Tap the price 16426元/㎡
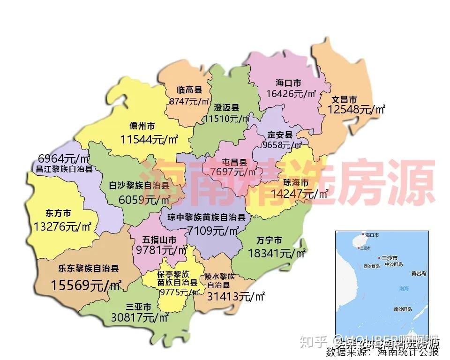[291, 94]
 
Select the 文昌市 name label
[345, 100]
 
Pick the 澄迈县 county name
[227, 108]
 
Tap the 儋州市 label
[142, 127]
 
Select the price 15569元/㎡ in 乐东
[86, 285]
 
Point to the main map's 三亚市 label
[139, 307]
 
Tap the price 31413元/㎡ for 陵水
[236, 297]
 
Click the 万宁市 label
[270, 241]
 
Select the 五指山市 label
[160, 240]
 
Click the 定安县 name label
[280, 135]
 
